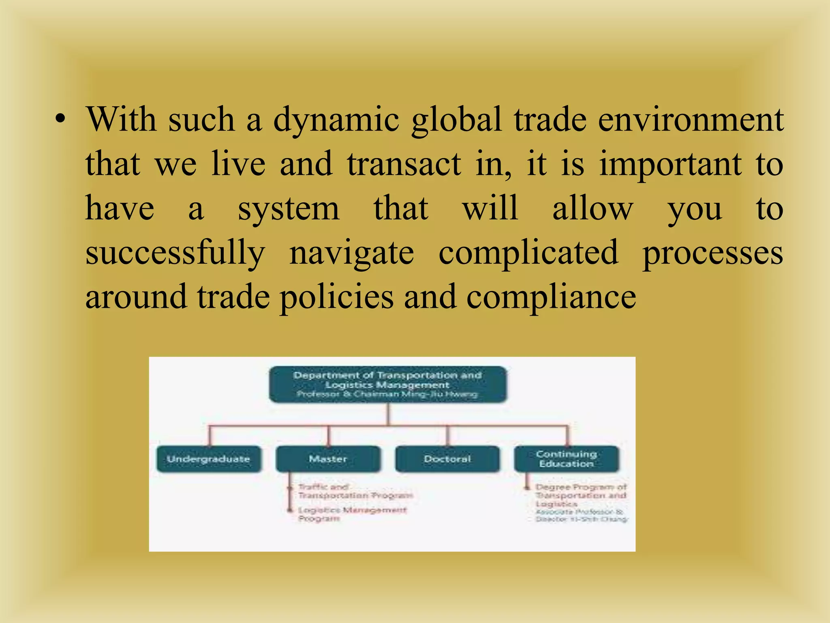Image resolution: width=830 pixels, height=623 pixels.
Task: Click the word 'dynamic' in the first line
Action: pos(336,120)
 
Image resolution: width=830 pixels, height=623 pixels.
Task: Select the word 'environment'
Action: pos(691,120)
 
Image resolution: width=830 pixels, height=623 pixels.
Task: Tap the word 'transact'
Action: pos(404,164)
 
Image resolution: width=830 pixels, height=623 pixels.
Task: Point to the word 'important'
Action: pos(670,165)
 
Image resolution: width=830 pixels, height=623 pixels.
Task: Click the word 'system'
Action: pos(288,208)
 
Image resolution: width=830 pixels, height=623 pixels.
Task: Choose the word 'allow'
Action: pos(592,208)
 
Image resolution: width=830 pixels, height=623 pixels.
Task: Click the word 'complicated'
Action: pos(528,252)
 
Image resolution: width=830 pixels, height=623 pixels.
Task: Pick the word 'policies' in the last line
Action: pos(336,297)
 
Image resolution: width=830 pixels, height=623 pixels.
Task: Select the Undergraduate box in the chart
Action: pos(209,459)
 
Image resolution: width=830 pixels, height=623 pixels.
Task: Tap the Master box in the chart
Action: pos(328,459)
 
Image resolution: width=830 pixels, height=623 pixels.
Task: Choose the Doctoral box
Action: pos(447,459)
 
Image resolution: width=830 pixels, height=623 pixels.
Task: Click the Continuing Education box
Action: pos(567,459)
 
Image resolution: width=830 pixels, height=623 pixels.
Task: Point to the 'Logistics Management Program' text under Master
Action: pos(352,514)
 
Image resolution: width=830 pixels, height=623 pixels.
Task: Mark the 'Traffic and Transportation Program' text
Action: pos(355,491)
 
